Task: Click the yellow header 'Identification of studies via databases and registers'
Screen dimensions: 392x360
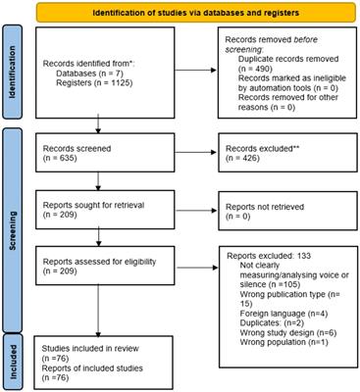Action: [x=192, y=12]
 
